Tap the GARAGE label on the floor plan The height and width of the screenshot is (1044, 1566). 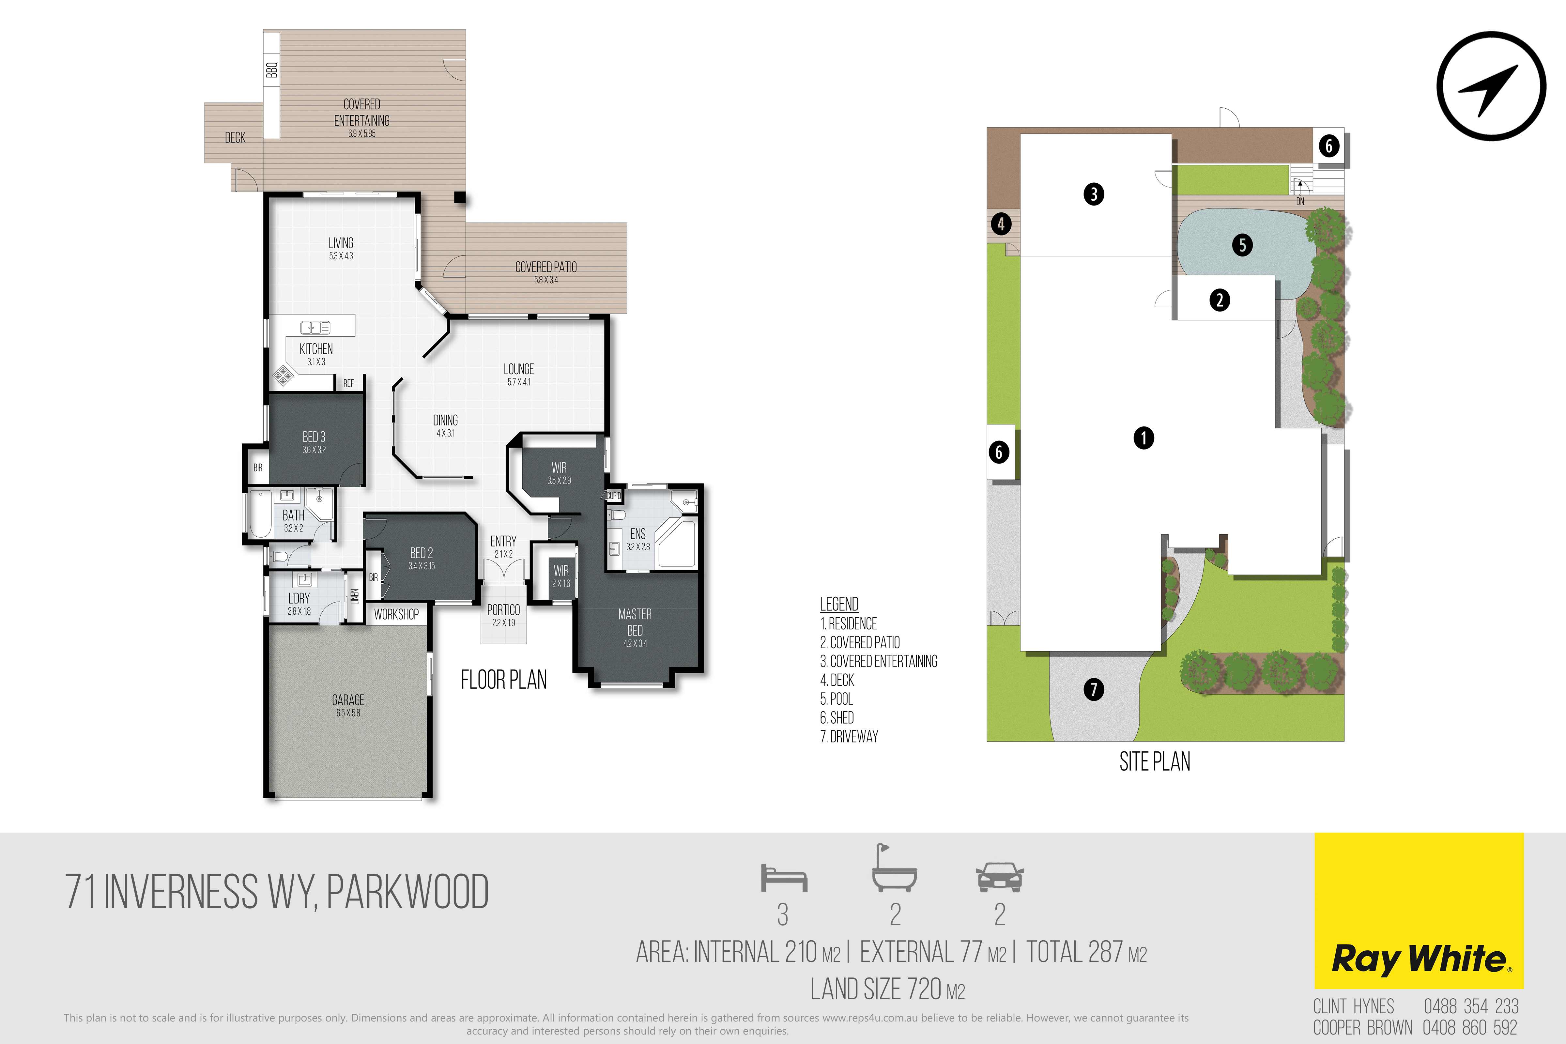tap(348, 700)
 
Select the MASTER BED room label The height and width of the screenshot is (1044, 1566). tap(635, 622)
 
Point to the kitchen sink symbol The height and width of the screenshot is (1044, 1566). tap(315, 327)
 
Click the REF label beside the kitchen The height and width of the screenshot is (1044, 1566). tap(348, 384)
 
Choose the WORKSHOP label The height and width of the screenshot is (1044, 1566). tap(396, 614)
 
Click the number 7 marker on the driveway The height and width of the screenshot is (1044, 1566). tap(1093, 689)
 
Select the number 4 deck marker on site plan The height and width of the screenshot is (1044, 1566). tap(1001, 224)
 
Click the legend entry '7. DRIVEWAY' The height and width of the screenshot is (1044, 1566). tap(849, 736)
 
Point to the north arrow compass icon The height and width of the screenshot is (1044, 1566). tap(1491, 86)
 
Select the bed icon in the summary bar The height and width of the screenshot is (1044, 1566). tap(784, 878)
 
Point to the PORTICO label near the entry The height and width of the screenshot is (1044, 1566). tap(503, 610)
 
